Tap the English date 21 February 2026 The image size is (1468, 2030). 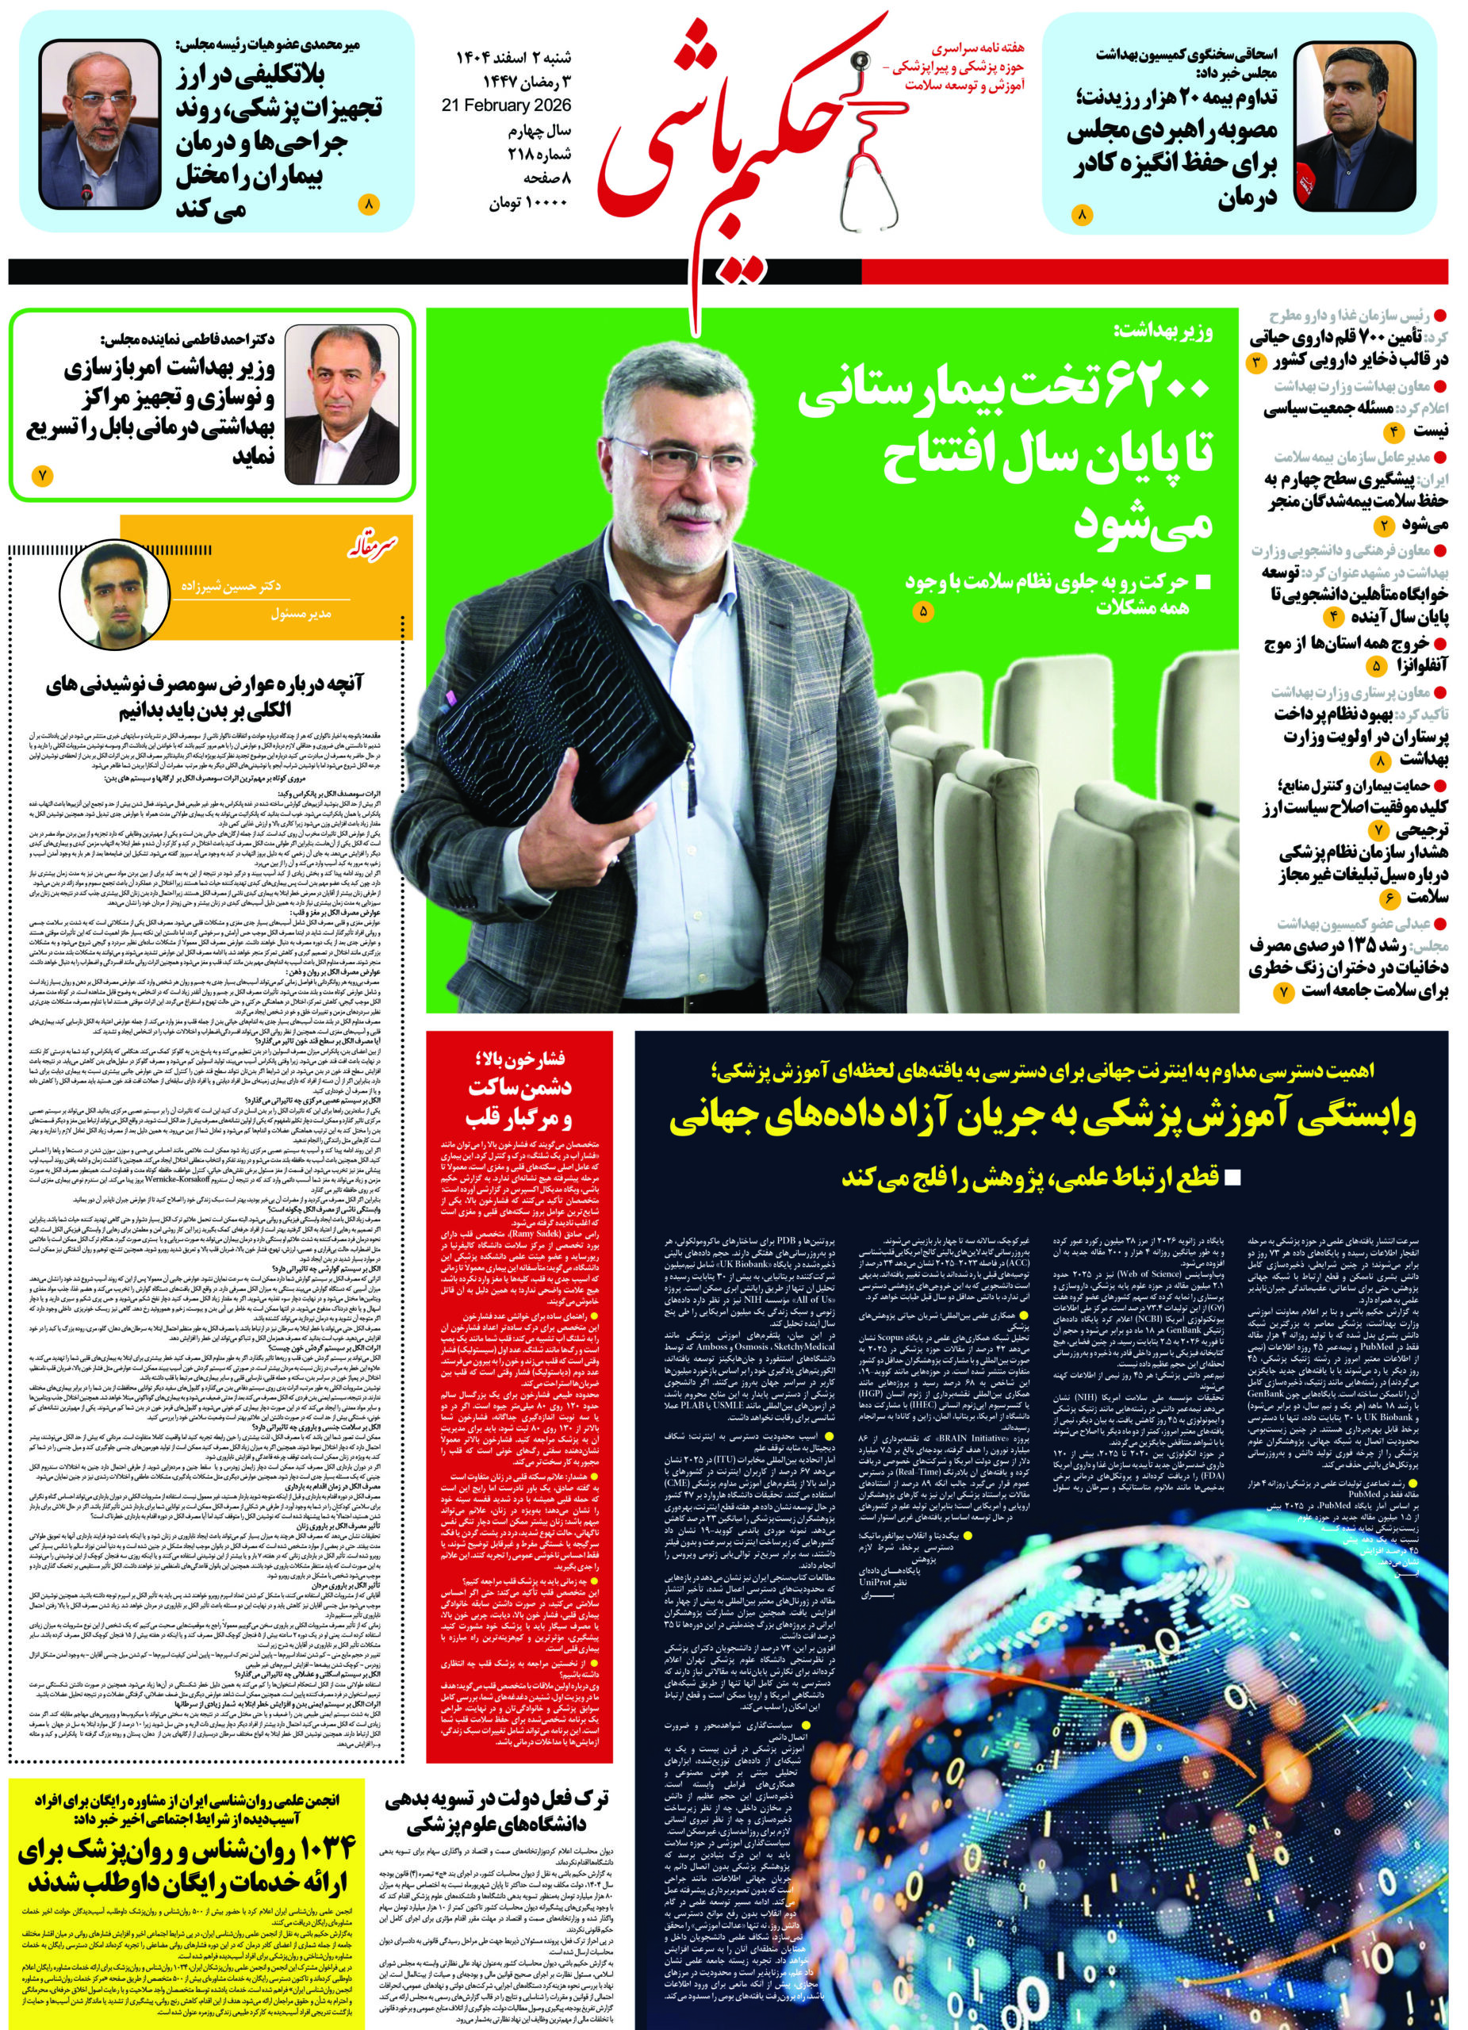[507, 105]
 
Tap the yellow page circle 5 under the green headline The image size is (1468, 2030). [925, 612]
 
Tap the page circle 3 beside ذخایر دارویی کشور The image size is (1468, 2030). [1256, 362]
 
